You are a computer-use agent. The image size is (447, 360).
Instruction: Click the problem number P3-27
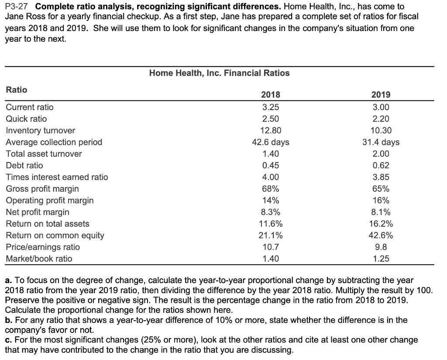click(x=18, y=7)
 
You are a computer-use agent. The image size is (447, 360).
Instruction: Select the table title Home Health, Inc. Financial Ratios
click(x=219, y=73)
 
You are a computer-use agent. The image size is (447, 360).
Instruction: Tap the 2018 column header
click(x=271, y=95)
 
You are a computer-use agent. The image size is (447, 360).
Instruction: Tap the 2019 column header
click(x=381, y=95)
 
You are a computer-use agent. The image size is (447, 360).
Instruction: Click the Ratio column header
click(x=16, y=90)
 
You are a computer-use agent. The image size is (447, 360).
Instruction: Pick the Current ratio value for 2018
click(x=271, y=107)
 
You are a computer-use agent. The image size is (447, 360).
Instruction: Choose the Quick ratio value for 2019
click(x=381, y=119)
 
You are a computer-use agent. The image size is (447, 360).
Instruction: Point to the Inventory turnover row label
click(x=40, y=130)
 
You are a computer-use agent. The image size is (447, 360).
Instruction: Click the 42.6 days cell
click(x=271, y=142)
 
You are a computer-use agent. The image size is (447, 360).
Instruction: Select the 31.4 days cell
click(x=381, y=142)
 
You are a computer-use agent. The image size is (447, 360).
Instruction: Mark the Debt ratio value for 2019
click(x=381, y=165)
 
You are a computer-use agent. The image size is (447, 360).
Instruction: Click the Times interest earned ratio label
click(x=57, y=177)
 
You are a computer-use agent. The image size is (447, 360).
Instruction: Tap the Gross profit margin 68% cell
click(x=271, y=189)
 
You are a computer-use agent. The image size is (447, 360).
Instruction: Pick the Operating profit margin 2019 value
click(x=381, y=201)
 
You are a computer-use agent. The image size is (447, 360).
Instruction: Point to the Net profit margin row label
click(x=38, y=212)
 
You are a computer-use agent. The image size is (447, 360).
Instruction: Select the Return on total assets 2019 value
click(x=381, y=224)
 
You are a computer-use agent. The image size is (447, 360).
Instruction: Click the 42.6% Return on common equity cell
click(x=381, y=235)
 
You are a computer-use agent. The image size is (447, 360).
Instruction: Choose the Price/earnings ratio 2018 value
click(x=271, y=247)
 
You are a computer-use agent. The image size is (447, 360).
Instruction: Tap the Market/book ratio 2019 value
click(x=381, y=259)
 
